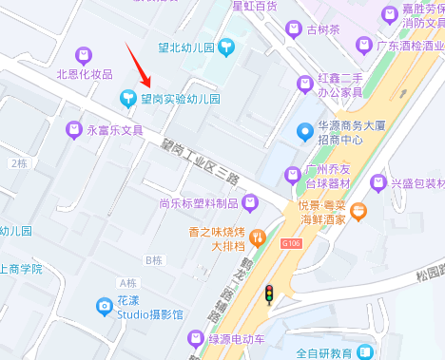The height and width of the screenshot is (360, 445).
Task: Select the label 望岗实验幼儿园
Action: (181, 98)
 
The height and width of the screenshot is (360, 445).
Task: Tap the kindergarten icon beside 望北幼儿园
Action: (225, 45)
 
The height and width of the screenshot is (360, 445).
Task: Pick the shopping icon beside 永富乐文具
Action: (73, 129)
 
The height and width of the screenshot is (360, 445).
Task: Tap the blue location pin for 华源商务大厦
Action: (304, 131)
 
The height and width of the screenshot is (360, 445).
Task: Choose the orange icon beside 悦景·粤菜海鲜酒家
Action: (358, 212)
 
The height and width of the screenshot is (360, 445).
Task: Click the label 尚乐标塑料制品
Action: (198, 202)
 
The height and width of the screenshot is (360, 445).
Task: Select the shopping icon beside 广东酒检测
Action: (362, 45)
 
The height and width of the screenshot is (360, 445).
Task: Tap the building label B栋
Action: (154, 259)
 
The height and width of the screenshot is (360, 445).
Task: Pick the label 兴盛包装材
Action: (418, 183)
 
